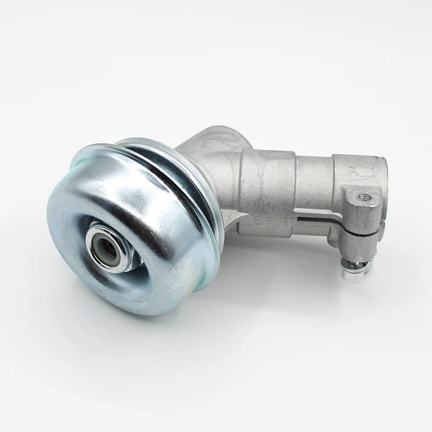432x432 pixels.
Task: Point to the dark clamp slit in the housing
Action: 319,221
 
